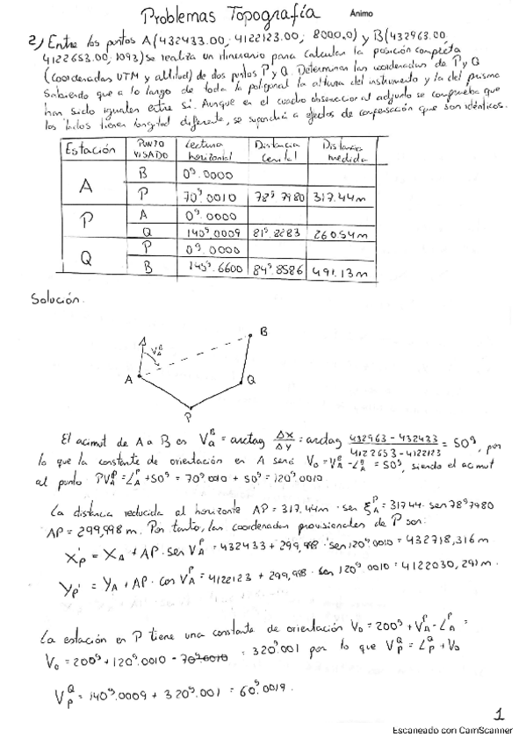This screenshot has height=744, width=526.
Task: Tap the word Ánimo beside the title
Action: click(360, 14)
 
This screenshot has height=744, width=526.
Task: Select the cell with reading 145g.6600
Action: click(211, 269)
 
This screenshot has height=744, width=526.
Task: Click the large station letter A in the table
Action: click(87, 187)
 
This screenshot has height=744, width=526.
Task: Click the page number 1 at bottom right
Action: click(498, 713)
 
